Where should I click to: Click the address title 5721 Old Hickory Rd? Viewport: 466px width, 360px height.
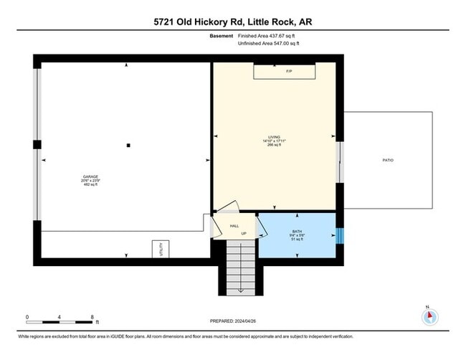[x=232, y=22]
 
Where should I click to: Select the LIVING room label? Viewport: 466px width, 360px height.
[x=273, y=137]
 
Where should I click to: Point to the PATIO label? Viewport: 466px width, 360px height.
[x=388, y=161]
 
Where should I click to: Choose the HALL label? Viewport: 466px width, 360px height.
[x=234, y=226]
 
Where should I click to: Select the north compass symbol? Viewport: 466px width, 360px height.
[x=429, y=316]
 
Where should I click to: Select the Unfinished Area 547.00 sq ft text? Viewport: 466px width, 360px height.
[x=270, y=44]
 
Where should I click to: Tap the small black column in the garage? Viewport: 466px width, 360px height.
[x=128, y=145]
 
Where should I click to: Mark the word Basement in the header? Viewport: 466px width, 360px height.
[x=220, y=36]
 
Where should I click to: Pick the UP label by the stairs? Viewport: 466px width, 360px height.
[x=244, y=234]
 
